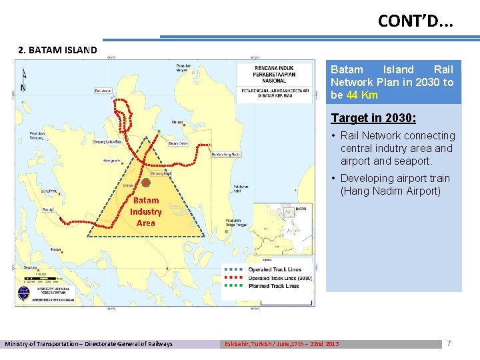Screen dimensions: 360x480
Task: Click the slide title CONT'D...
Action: pyautogui.click(x=415, y=21)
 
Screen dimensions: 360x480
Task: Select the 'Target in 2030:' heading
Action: pyautogui.click(x=373, y=118)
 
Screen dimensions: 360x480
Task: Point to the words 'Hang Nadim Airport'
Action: pyautogui.click(x=391, y=191)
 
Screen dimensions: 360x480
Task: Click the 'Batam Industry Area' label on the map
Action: pyautogui.click(x=146, y=211)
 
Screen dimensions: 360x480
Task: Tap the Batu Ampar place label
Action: pyautogui.click(x=103, y=91)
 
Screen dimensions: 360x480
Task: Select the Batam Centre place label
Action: pyautogui.click(x=179, y=143)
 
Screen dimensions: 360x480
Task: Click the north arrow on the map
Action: pyautogui.click(x=24, y=80)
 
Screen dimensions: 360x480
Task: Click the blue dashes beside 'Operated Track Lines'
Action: pyautogui.click(x=233, y=270)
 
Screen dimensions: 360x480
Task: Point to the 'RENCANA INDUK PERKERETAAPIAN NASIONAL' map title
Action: pyautogui.click(x=280, y=73)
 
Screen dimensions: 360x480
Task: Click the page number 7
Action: pyautogui.click(x=449, y=343)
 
